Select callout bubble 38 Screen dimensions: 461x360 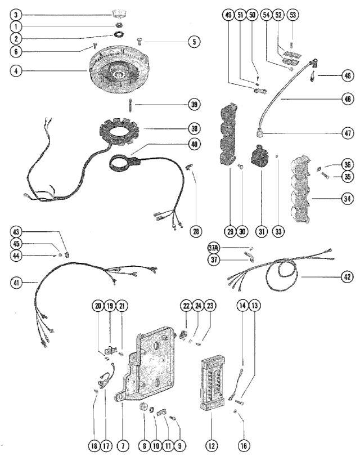194,129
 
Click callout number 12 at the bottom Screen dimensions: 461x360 211,446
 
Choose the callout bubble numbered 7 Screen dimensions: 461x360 123,446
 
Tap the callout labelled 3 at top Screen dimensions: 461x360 17,13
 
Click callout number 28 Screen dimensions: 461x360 195,231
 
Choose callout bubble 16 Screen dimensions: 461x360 242,446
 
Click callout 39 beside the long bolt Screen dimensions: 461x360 194,105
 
